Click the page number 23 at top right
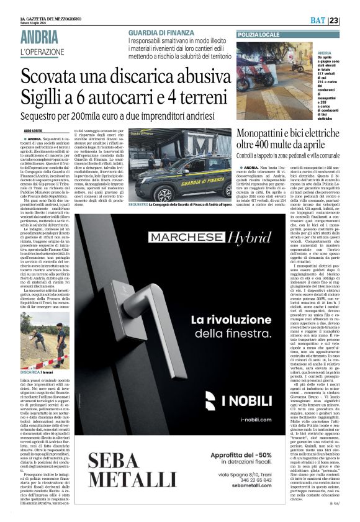click(350, 20)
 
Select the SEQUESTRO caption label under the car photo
click(138, 204)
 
